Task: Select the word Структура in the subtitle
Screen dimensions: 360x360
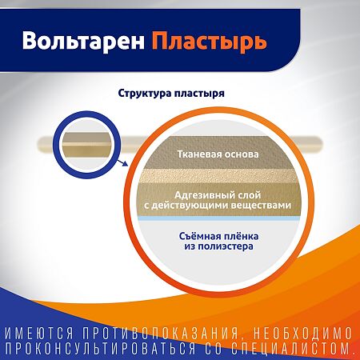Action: pos(146,93)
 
